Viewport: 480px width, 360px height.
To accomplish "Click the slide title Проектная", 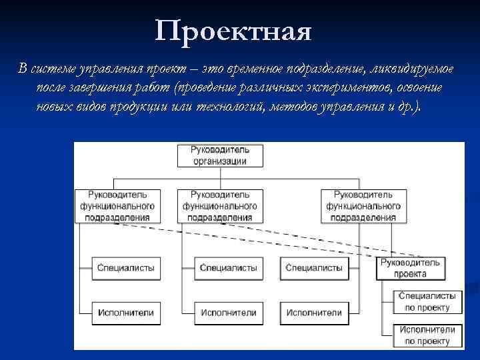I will click(x=233, y=31).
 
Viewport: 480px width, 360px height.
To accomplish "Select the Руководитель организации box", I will click(x=219, y=155).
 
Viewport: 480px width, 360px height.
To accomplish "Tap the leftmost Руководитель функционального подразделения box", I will click(x=117, y=206).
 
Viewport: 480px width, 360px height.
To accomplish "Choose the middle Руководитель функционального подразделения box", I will click(x=219, y=206).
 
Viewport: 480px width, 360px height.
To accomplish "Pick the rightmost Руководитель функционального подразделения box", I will click(x=363, y=206).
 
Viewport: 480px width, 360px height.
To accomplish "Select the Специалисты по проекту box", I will click(x=427, y=302).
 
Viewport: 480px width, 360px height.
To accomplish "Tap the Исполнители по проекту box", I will click(x=427, y=335).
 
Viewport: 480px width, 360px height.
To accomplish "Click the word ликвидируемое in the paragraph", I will click(x=416, y=69).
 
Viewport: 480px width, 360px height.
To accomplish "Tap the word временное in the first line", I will click(x=256, y=69).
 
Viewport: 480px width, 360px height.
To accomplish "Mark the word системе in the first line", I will click(x=53, y=69).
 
